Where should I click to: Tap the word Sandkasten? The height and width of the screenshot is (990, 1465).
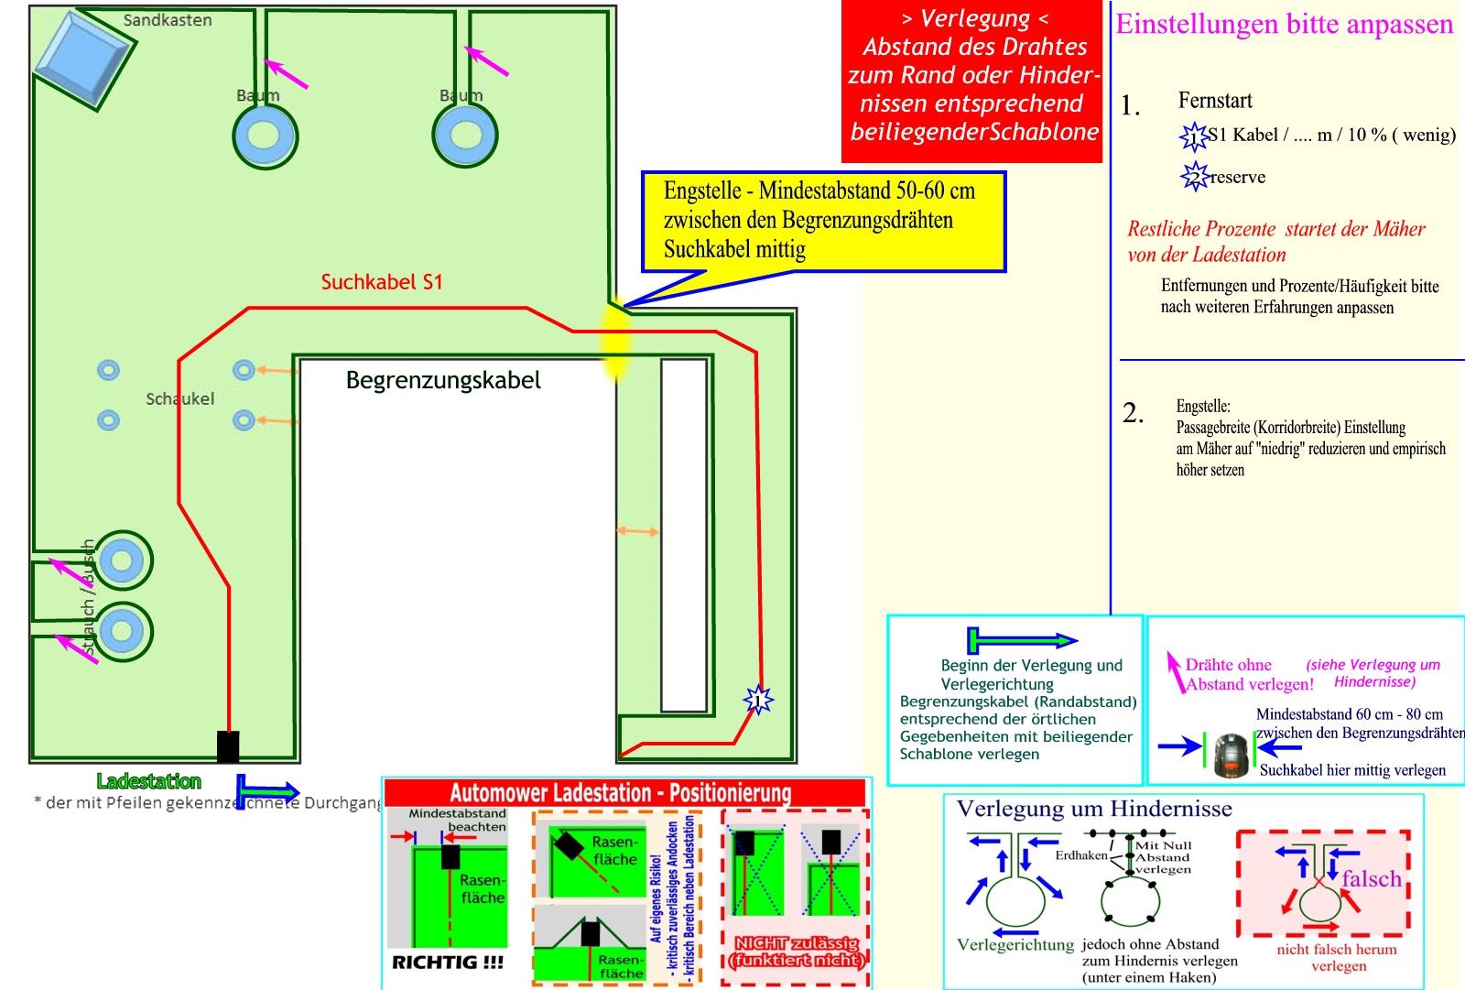(168, 20)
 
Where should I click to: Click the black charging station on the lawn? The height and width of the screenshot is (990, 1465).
(228, 746)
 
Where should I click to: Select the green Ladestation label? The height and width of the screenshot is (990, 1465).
(148, 781)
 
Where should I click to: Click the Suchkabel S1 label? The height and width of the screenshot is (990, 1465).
(382, 282)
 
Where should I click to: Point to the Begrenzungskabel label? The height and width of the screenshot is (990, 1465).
(443, 380)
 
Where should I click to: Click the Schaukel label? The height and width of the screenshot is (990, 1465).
(180, 398)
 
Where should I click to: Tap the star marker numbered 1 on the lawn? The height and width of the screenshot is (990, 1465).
(758, 701)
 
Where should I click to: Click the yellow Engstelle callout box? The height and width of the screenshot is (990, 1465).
(823, 221)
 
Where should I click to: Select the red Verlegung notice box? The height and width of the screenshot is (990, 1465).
(972, 82)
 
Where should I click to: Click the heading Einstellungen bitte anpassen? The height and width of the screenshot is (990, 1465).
(1284, 24)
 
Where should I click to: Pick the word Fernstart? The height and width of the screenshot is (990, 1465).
(1215, 100)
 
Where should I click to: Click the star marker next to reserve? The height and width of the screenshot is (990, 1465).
(1194, 176)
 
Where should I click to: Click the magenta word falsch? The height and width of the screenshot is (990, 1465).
(1372, 879)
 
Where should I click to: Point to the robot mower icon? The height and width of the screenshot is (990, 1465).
(1232, 755)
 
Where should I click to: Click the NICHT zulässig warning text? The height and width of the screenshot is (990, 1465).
(797, 952)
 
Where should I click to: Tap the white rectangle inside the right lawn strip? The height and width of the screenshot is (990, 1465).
(684, 535)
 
